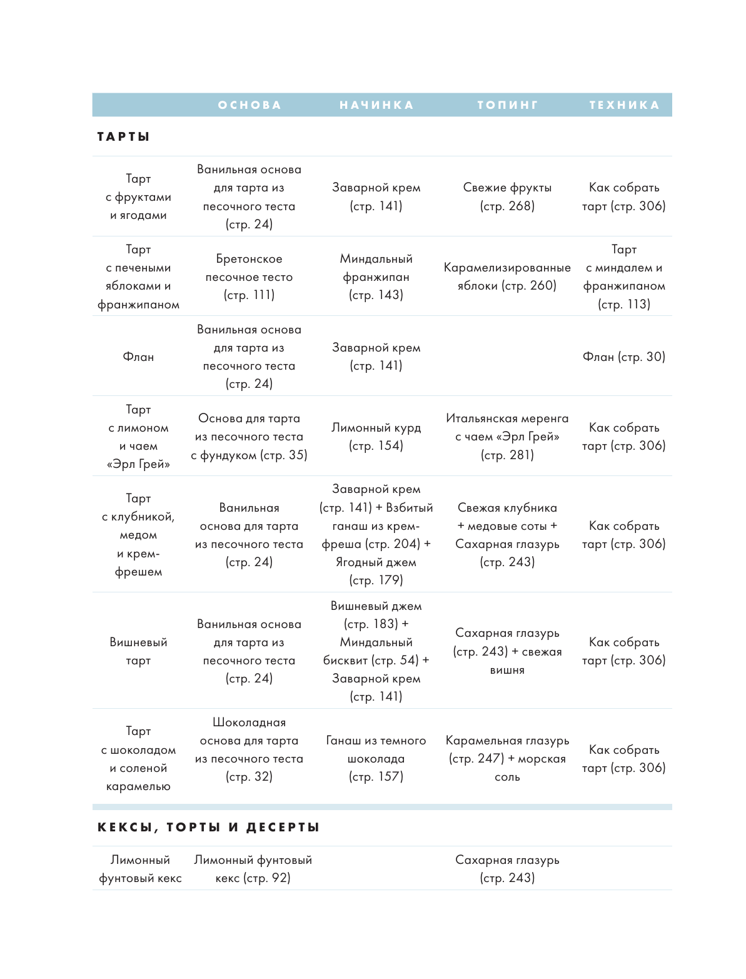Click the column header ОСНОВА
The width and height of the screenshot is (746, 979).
pyautogui.click(x=250, y=105)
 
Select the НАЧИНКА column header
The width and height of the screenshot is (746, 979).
pyautogui.click(x=376, y=105)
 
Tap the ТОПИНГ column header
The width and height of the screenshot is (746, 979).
pyautogui.click(x=507, y=105)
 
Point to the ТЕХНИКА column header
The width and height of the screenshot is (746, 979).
pyautogui.click(x=624, y=105)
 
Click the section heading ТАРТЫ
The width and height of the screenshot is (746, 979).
pyautogui.click(x=124, y=136)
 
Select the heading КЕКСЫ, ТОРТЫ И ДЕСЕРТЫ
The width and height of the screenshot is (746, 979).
pyautogui.click(x=208, y=827)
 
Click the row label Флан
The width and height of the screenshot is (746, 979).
pyautogui.click(x=138, y=357)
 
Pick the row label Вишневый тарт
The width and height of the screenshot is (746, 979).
pyautogui.click(x=138, y=651)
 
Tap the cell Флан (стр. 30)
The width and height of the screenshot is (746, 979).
pyautogui.click(x=624, y=357)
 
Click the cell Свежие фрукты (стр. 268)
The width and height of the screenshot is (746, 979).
pyautogui.click(x=507, y=196)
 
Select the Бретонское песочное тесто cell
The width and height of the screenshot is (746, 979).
pyautogui.click(x=249, y=276)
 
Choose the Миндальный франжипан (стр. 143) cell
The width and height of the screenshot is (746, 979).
pyautogui.click(x=376, y=276)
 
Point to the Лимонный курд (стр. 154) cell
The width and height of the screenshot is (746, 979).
pyautogui.click(x=376, y=437)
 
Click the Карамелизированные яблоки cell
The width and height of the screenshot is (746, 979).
pyautogui.click(x=507, y=276)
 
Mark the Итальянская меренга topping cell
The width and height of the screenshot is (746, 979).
pyautogui.click(x=507, y=437)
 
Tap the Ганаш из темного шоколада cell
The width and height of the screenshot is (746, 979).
pyautogui.click(x=376, y=758)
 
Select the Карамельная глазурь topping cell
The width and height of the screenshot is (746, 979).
pyautogui.click(x=507, y=758)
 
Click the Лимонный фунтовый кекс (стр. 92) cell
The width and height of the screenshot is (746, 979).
pyautogui.click(x=253, y=869)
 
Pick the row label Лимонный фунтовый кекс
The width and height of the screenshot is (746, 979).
pyautogui.click(x=140, y=869)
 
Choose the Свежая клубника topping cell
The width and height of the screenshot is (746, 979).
pyautogui.click(x=507, y=535)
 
